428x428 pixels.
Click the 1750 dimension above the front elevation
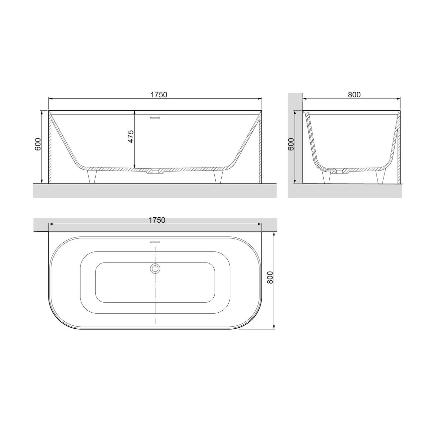[158, 95]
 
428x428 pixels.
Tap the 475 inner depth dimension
[131, 136]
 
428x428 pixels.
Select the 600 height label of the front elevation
[38, 144]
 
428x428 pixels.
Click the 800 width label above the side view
[354, 95]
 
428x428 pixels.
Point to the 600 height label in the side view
[291, 144]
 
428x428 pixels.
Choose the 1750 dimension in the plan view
[157, 220]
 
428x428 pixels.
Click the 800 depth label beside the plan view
[270, 278]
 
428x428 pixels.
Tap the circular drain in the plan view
[155, 268]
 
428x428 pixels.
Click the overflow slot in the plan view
[155, 242]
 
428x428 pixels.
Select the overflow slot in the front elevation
[155, 117]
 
